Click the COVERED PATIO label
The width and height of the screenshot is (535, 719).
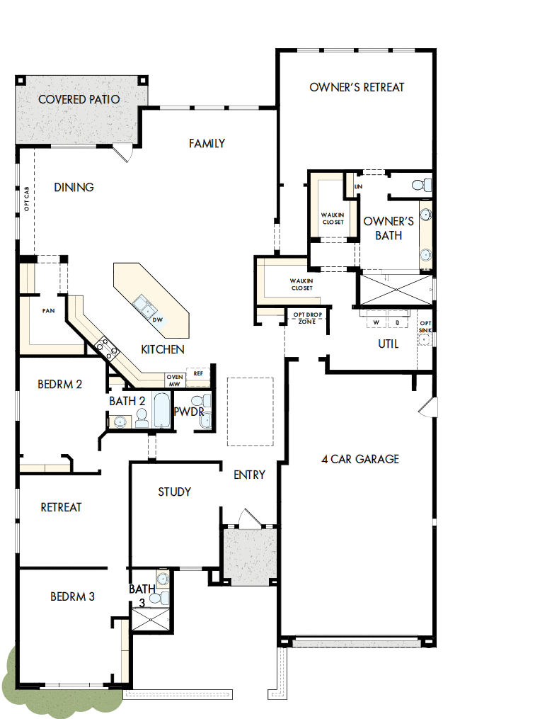(79, 100)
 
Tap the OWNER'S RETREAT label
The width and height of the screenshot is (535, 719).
(357, 87)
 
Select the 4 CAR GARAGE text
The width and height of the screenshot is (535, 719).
(359, 459)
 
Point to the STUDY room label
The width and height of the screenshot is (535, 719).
(174, 492)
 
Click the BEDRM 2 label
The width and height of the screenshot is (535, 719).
(59, 385)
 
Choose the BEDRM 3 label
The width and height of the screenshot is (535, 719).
(72, 597)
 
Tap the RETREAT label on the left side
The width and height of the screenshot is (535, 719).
(61, 507)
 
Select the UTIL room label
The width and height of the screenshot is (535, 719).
(388, 344)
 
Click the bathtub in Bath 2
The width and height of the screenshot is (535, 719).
(162, 412)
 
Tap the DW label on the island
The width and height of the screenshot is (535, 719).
(158, 320)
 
